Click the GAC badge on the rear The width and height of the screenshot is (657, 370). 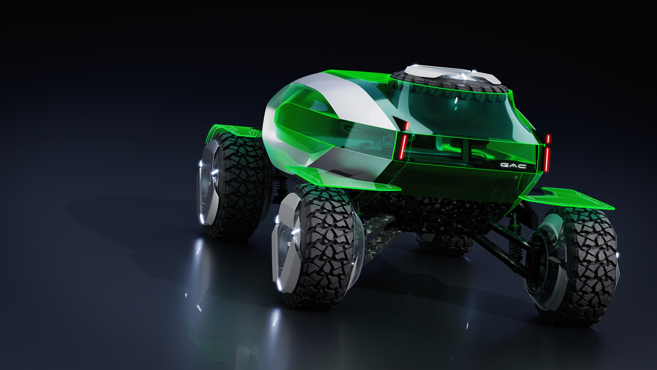513,165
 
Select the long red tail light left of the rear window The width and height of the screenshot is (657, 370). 403,145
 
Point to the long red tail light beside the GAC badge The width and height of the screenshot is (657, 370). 547,159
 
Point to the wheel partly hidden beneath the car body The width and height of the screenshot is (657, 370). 445,245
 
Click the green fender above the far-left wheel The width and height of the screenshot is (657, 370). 233,130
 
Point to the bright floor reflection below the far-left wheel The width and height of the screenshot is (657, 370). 198,254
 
